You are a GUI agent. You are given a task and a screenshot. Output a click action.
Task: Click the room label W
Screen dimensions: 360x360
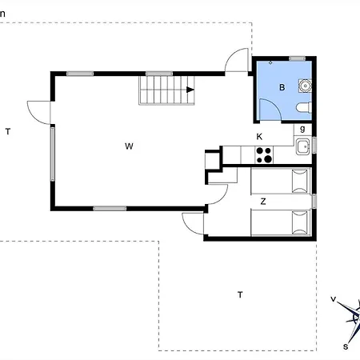click(x=129, y=146)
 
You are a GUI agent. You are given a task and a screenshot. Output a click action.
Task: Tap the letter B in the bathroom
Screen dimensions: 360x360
click(x=282, y=87)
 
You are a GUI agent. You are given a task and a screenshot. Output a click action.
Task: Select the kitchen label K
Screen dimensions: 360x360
click(x=259, y=137)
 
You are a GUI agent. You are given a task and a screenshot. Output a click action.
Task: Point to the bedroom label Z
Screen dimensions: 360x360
click(x=263, y=202)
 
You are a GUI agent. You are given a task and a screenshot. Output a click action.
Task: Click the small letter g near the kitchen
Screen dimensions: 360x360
click(x=302, y=129)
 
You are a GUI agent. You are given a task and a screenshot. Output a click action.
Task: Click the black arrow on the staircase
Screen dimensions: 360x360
click(x=190, y=90)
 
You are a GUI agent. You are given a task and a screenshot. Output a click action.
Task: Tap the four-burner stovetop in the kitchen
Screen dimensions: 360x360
click(x=264, y=155)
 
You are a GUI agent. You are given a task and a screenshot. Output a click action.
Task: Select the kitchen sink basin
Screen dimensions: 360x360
click(x=302, y=146)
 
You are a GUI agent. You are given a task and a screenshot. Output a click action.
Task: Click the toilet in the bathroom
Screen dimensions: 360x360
click(x=304, y=107)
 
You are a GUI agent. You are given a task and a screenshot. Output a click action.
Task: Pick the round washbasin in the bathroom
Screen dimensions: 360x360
click(x=305, y=86)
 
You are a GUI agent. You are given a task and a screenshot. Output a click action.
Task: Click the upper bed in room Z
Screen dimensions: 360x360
click(x=281, y=181)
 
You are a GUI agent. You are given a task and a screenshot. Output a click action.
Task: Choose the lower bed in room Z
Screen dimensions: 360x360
click(x=281, y=222)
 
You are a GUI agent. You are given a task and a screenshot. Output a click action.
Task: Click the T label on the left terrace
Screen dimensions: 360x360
click(x=8, y=131)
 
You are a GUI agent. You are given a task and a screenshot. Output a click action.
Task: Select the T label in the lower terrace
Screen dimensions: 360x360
click(x=240, y=294)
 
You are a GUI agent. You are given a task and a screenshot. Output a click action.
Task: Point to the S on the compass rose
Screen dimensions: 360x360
click(x=346, y=346)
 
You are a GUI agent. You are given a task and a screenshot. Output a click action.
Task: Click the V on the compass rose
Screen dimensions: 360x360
click(x=334, y=299)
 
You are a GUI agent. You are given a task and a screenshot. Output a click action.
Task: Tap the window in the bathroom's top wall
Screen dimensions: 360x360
click(x=297, y=58)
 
